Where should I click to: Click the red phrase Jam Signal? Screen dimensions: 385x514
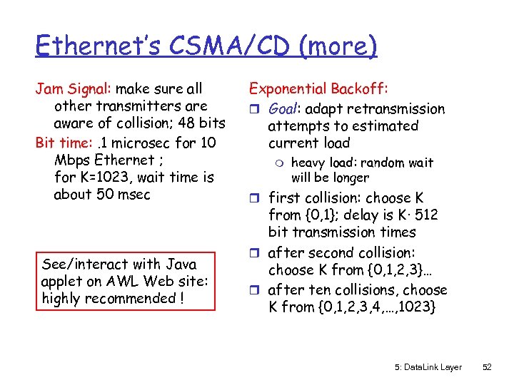(x=74, y=89)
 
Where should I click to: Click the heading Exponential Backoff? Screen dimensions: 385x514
(x=318, y=89)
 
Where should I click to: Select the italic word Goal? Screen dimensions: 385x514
(x=285, y=109)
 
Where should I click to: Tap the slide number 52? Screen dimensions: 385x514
(x=487, y=367)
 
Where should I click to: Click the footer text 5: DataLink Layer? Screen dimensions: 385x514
(x=428, y=367)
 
